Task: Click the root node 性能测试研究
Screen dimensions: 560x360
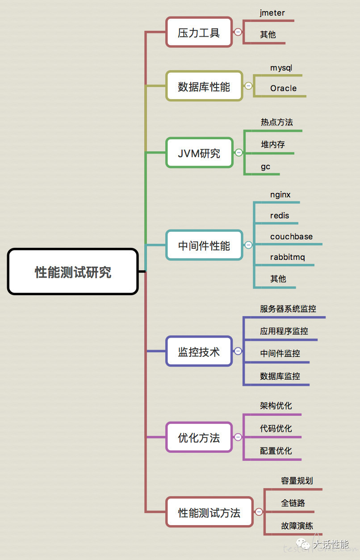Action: pos(73,272)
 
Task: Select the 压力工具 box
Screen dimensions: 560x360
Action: pos(199,32)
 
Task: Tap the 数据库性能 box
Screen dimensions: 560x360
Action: pos(204,86)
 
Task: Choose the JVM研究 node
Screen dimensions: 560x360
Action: pos(199,153)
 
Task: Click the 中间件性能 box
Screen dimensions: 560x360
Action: pos(204,245)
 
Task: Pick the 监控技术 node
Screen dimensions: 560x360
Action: pos(199,351)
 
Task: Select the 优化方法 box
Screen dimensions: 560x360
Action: pos(199,437)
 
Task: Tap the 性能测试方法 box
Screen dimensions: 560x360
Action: pos(209,512)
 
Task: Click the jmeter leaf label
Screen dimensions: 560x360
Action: pos(272,13)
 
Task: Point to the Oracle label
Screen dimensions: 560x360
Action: pos(283,88)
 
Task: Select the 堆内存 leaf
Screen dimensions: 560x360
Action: pos(273,144)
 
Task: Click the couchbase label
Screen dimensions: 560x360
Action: pos(291,237)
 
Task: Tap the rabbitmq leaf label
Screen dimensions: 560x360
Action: pos(287,258)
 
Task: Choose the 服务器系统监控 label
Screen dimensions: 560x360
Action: pos(288,309)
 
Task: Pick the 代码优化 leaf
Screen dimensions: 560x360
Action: pos(276,429)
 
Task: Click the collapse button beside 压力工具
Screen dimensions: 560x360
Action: pos(238,32)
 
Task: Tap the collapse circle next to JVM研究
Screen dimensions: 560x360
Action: pos(239,153)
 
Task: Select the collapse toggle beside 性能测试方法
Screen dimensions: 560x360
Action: pos(259,512)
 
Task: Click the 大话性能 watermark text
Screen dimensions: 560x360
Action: pos(331,544)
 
